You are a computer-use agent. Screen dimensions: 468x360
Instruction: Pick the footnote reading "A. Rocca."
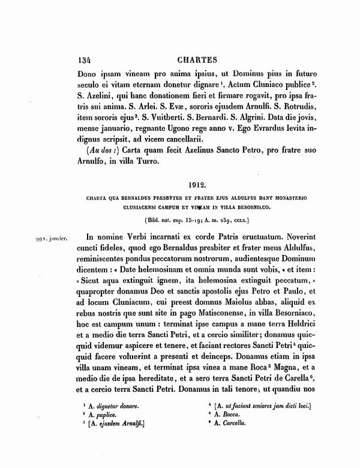[x=226, y=414]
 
